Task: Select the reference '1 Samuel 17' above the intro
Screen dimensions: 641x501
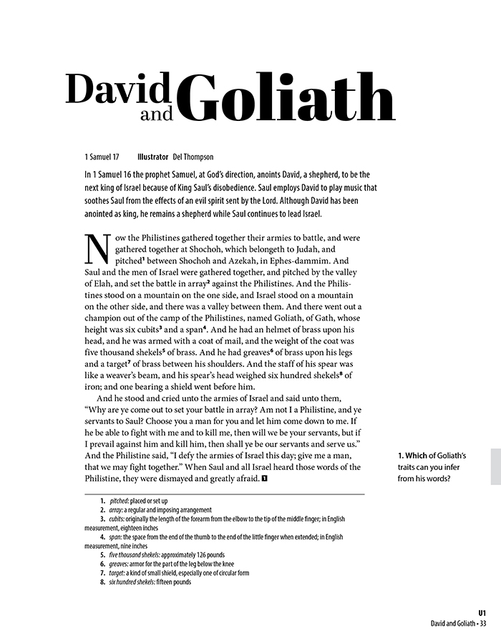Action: point(101,157)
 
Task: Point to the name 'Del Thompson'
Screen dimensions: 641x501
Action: point(194,157)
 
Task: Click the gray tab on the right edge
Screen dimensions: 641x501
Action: point(495,466)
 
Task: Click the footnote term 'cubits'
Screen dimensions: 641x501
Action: point(118,518)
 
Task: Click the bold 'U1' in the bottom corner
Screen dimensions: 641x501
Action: point(482,613)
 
